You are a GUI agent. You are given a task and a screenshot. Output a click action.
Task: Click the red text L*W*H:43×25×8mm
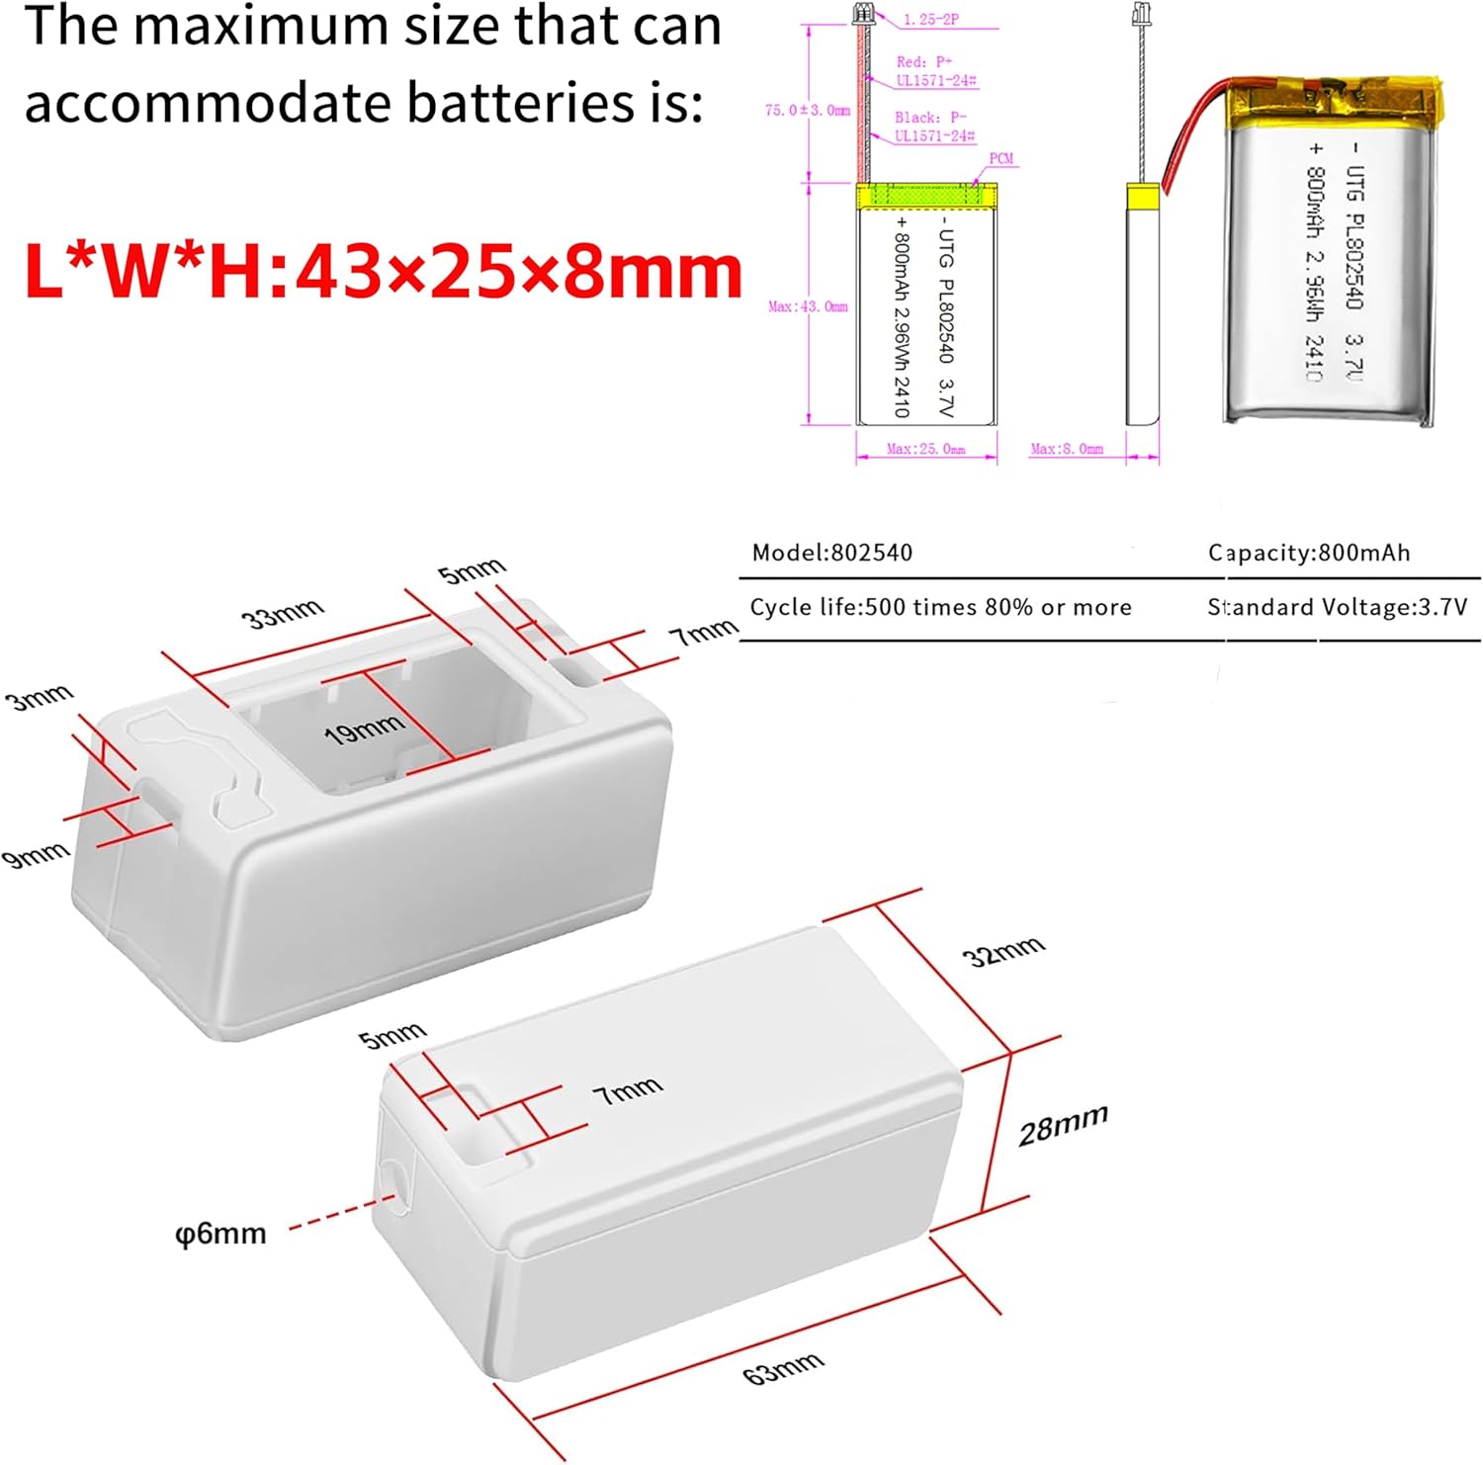pyautogui.click(x=384, y=271)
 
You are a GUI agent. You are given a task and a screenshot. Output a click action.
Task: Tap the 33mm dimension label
pyautogui.click(x=283, y=614)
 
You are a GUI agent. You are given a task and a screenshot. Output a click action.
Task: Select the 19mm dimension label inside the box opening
pyautogui.click(x=364, y=730)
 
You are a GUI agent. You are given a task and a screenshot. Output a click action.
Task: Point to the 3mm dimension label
pyautogui.click(x=40, y=697)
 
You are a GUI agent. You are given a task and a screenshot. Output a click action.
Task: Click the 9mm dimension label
pyautogui.click(x=37, y=853)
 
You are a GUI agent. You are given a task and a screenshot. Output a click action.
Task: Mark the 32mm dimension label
pyautogui.click(x=1003, y=952)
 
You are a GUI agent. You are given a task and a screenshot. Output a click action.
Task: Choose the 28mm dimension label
pyautogui.click(x=1063, y=1125)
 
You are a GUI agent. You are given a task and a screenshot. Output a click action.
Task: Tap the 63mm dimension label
pyautogui.click(x=783, y=1368)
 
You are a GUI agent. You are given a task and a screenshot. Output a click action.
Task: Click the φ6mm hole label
pyautogui.click(x=220, y=1234)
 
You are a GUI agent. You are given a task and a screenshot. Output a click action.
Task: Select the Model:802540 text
pyautogui.click(x=831, y=553)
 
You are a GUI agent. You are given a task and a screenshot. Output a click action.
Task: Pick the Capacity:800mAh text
pyautogui.click(x=1309, y=553)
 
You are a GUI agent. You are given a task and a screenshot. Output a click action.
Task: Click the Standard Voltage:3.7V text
pyautogui.click(x=1337, y=607)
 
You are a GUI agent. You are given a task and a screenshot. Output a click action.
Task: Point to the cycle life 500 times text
pyautogui.click(x=940, y=607)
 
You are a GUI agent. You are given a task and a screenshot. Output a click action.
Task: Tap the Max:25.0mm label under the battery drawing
pyautogui.click(x=925, y=449)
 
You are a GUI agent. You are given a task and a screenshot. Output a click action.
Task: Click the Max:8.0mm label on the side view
pyautogui.click(x=1066, y=449)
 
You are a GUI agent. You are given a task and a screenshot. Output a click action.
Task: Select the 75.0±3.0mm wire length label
pyautogui.click(x=807, y=110)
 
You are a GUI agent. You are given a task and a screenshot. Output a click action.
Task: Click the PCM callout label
pyautogui.click(x=1001, y=158)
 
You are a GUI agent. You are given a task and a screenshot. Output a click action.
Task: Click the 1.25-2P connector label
pyautogui.click(x=930, y=20)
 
